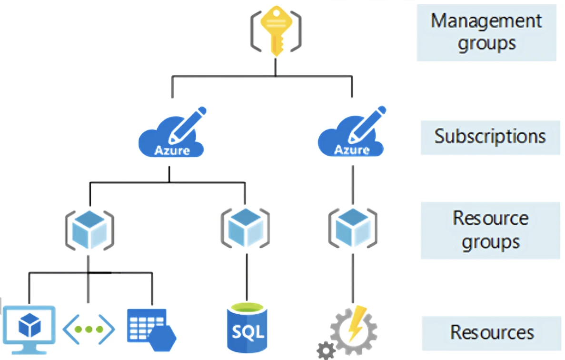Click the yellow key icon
point(276,31)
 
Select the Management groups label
point(486,32)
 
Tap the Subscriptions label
point(490,136)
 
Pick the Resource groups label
point(490,230)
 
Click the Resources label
point(492,332)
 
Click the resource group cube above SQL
point(245,226)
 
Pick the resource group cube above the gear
point(352,226)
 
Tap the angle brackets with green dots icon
point(89,329)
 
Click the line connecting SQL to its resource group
point(247,276)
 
